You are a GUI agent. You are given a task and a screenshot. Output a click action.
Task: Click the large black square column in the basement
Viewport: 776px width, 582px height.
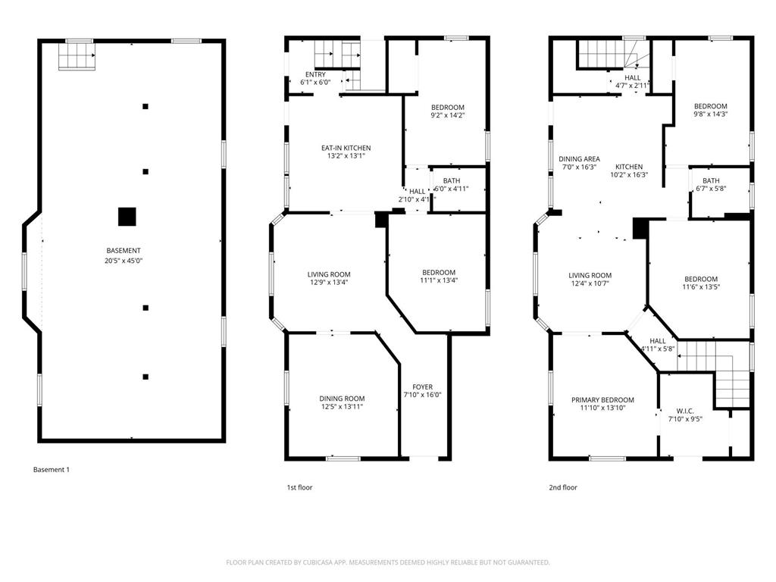tap(127, 217)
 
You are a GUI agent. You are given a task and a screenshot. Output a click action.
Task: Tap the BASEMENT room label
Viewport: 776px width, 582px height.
tap(124, 251)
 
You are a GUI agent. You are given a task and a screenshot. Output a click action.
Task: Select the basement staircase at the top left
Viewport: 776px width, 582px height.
tap(77, 55)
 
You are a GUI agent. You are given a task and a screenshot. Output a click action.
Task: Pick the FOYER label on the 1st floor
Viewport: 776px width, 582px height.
tap(422, 386)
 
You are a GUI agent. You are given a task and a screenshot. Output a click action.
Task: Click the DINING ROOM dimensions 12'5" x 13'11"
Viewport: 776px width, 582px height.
tap(342, 408)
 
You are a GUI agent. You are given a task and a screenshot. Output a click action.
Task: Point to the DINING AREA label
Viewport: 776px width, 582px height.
tap(579, 159)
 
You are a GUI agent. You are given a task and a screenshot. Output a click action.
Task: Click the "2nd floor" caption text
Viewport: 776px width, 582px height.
tap(563, 487)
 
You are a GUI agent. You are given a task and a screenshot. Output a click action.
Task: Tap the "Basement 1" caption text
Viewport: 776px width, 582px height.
tap(51, 470)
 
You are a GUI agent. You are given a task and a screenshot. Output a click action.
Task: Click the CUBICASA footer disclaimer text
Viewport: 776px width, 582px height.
tap(388, 562)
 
